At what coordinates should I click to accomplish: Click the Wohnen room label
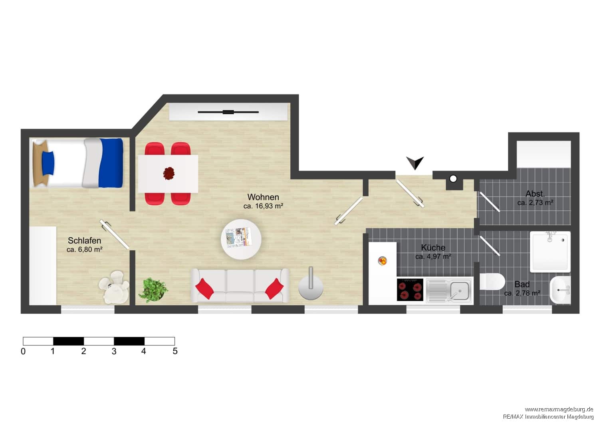263,197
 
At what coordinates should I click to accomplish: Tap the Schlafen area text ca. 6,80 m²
85,249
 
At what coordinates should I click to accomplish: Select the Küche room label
433,247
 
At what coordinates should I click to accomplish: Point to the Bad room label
522,284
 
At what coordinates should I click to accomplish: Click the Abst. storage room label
535,194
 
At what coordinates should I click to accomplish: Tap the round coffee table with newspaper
241,239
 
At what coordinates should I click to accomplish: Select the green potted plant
153,290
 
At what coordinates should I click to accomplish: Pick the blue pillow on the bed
48,163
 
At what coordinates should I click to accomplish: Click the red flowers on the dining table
169,173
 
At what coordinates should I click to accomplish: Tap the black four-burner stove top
410,290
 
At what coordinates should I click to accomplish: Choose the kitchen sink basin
460,291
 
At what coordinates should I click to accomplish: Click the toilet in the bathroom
492,281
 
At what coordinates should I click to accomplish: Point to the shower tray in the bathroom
550,252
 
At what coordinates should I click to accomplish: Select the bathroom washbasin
560,290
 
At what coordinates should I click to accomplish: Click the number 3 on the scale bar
114,352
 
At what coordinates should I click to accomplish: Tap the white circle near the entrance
453,178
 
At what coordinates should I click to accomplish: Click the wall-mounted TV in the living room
228,112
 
